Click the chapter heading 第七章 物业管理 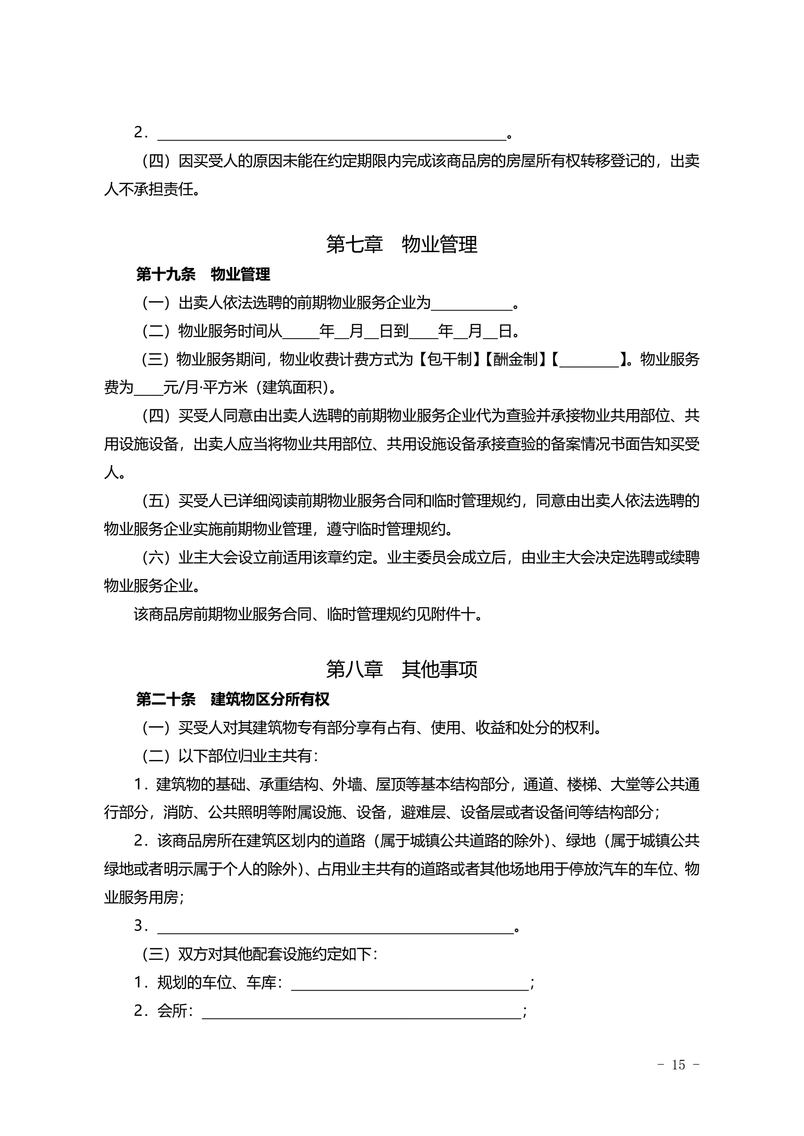pyautogui.click(x=401, y=244)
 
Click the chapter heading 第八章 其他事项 pyautogui.click(x=401, y=670)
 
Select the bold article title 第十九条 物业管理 pyautogui.click(x=203, y=274)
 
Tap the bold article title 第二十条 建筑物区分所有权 pyautogui.click(x=233, y=699)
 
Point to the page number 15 pyautogui.click(x=678, y=1065)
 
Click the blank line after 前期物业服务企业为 pyautogui.click(x=471, y=305)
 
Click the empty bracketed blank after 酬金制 pyautogui.click(x=589, y=361)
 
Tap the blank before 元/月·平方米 pyautogui.click(x=149, y=390)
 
